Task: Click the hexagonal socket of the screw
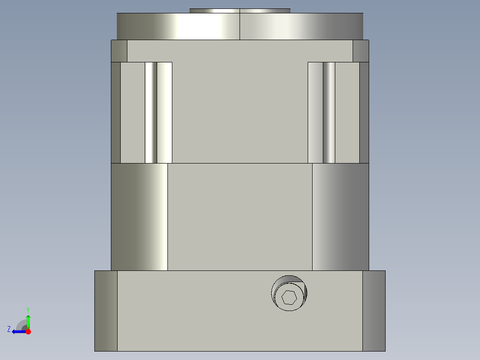pyautogui.click(x=289, y=297)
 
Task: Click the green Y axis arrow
pyautogui.click(x=28, y=321)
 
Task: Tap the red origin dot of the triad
pyautogui.click(x=28, y=331)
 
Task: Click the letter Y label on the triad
pyautogui.click(x=28, y=309)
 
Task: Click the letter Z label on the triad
pyautogui.click(x=9, y=329)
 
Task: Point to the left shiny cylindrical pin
pyautogui.click(x=151, y=113)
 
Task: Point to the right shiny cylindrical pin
pyautogui.click(x=329, y=113)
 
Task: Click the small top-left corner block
pyautogui.click(x=119, y=51)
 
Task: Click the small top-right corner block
pyautogui.click(x=361, y=51)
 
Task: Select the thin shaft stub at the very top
pyautogui.click(x=240, y=11)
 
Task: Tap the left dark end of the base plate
pyautogui.click(x=106, y=311)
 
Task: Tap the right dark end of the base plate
pyautogui.click(x=374, y=311)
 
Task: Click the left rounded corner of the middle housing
pyautogui.click(x=139, y=217)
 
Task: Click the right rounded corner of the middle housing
pyautogui.click(x=340, y=217)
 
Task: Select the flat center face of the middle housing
pyautogui.click(x=240, y=217)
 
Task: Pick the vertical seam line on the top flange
pyautogui.click(x=240, y=27)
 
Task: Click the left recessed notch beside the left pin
pyautogui.click(x=132, y=113)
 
